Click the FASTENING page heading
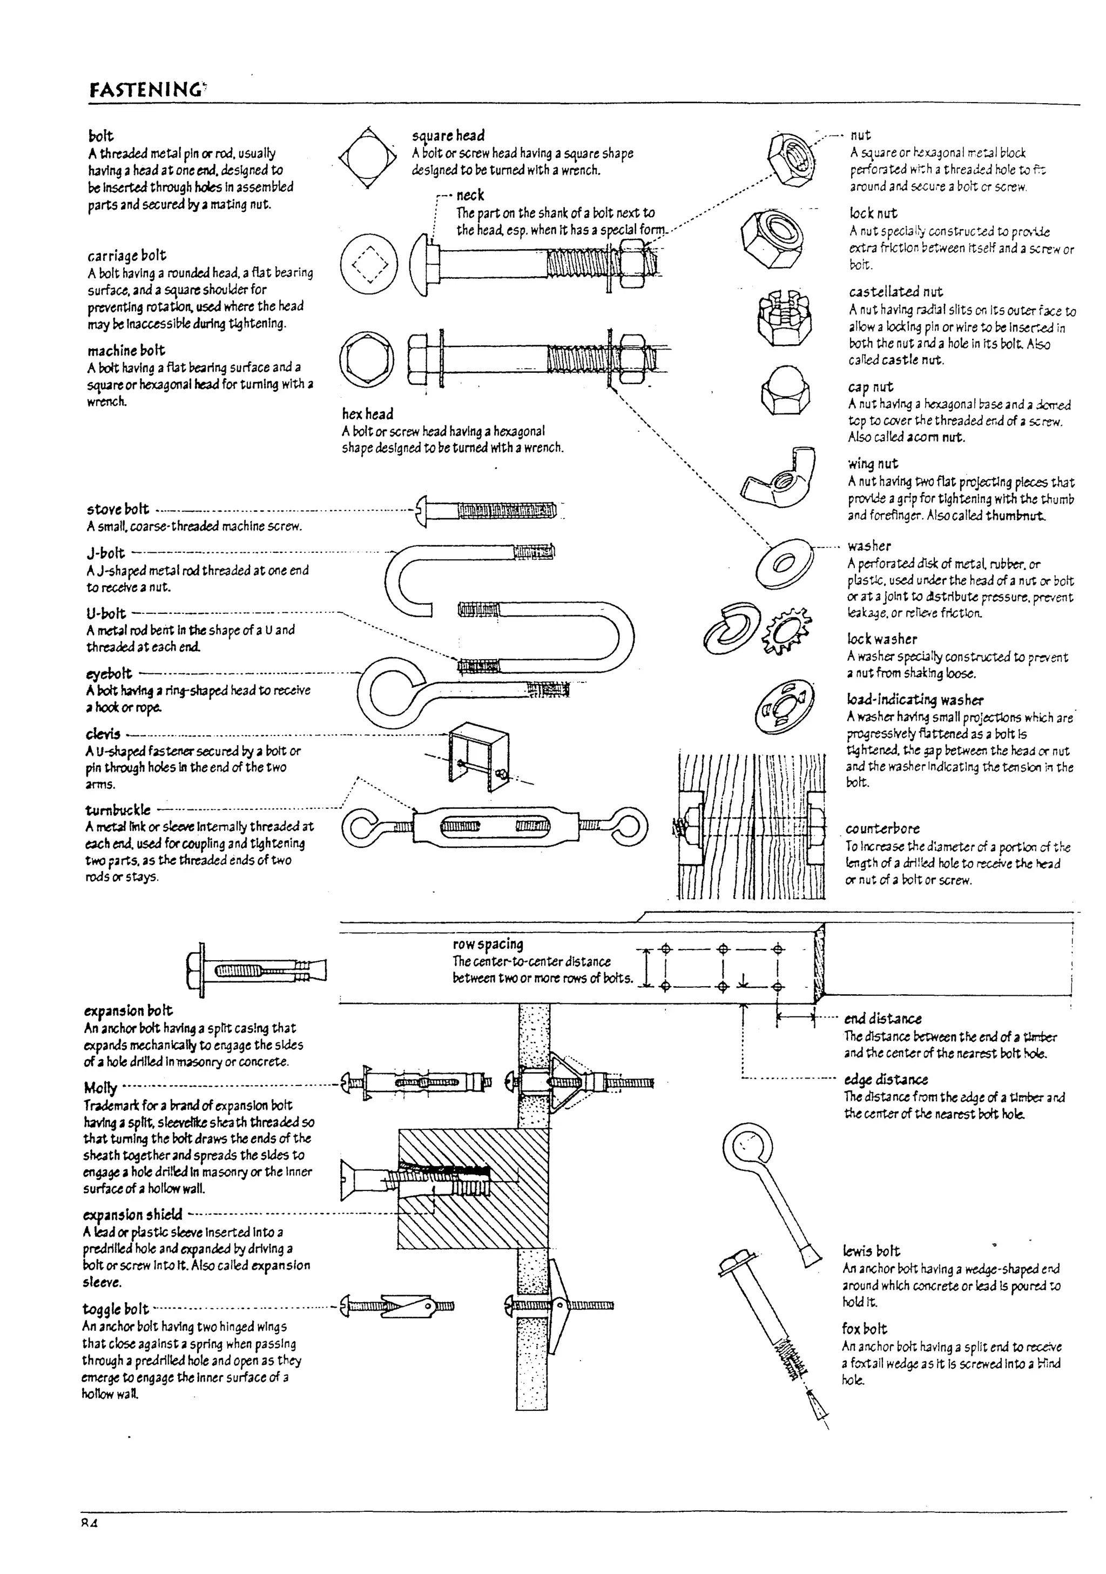click(x=146, y=90)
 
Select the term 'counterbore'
click(x=882, y=829)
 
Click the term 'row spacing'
click(x=487, y=945)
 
